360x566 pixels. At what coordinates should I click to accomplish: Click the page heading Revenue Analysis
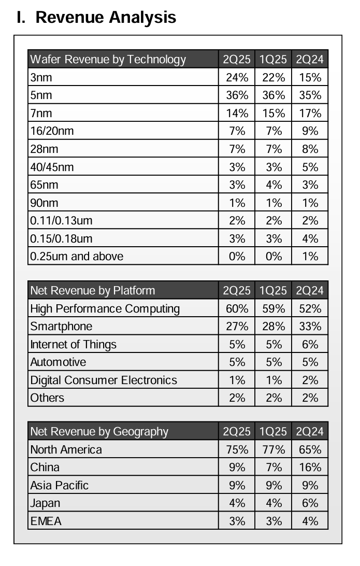coord(96,17)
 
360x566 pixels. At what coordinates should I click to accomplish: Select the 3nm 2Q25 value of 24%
coord(237,78)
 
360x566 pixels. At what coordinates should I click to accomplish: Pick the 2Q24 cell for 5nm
coord(310,95)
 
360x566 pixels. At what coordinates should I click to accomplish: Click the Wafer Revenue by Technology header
coord(108,59)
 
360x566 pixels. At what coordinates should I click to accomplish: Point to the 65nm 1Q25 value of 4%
coord(273,185)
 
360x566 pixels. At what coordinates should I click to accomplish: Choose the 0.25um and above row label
coord(77,256)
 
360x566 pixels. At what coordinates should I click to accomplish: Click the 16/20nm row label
coord(52,131)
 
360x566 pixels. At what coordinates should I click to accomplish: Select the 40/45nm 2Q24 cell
coord(310,167)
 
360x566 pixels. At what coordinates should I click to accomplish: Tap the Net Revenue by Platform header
coord(92,290)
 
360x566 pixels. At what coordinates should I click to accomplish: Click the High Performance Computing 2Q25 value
coord(237,309)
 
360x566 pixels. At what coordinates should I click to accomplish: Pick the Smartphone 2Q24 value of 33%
coord(310,327)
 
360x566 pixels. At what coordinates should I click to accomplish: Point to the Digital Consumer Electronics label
coord(104,380)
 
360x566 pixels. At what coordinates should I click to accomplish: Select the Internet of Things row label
coord(73,345)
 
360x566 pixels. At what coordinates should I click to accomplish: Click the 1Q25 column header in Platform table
coord(273,290)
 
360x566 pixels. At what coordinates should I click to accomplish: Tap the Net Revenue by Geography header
coord(99,431)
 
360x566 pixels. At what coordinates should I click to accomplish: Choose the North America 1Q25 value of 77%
coord(273,449)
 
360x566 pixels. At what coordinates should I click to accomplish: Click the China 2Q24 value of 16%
coord(310,468)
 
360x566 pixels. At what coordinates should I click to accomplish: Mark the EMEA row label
coord(46,521)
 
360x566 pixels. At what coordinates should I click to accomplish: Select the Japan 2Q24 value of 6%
coord(310,503)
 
